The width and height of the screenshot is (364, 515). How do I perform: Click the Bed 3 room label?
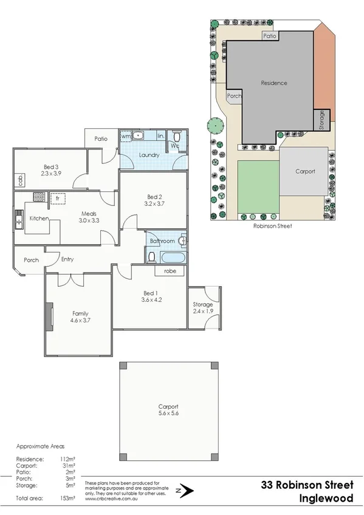[x=52, y=167]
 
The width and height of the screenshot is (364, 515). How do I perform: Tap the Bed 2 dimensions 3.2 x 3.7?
[x=153, y=204]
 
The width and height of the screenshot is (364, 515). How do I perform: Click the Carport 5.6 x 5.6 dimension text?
[x=168, y=414]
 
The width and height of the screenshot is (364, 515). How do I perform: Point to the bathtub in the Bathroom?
[x=173, y=257]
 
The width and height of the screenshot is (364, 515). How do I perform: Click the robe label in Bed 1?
[x=170, y=271]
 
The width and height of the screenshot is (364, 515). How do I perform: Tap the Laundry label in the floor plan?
[x=149, y=155]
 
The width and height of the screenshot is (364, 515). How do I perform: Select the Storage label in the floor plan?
[x=203, y=304]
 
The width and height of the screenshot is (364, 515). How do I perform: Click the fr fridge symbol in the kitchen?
[x=58, y=198]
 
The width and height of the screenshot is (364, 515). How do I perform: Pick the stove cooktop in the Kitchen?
[x=38, y=197]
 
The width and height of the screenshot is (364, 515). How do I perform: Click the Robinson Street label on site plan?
[x=272, y=225]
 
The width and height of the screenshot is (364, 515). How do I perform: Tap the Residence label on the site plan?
[x=273, y=83]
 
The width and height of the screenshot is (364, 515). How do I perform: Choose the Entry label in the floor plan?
[x=67, y=259]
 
